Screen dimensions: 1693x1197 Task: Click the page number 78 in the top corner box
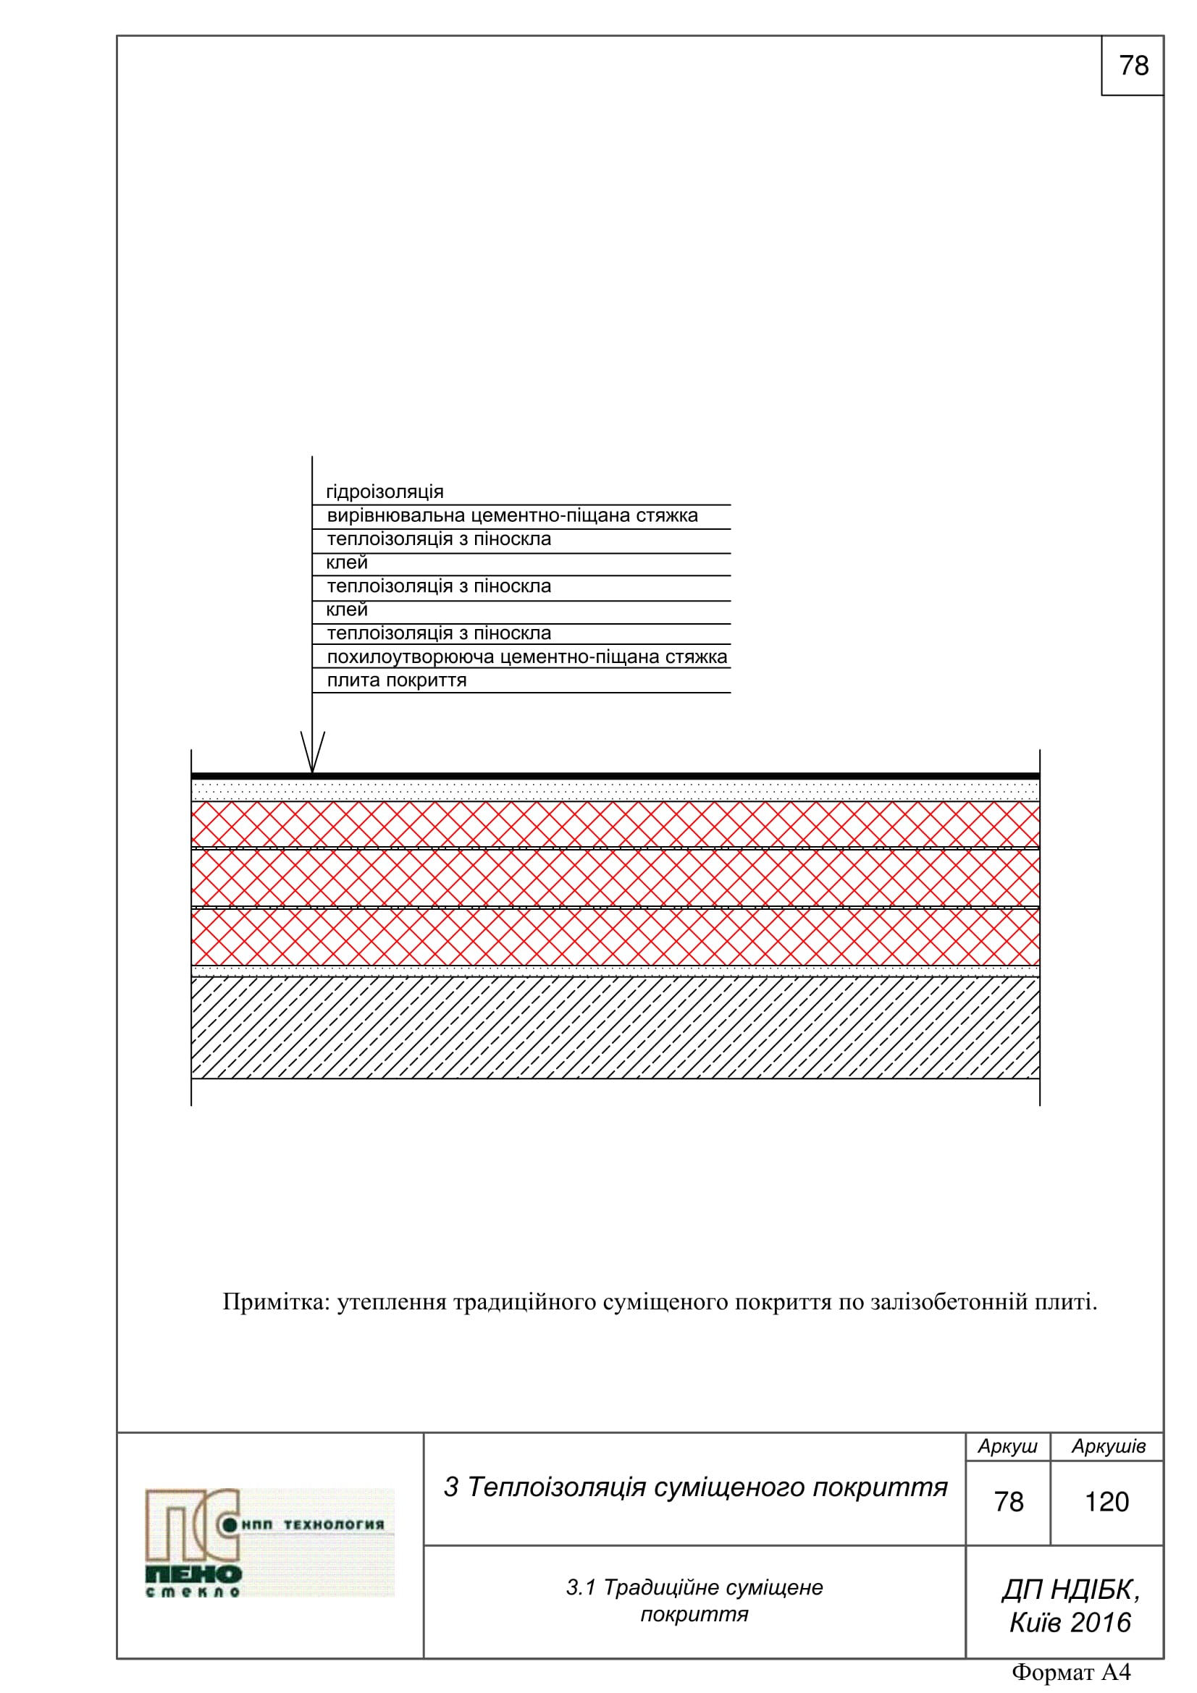[x=1133, y=66]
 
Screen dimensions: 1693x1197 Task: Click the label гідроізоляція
[x=385, y=491]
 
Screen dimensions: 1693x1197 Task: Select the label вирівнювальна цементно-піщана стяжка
[x=512, y=515]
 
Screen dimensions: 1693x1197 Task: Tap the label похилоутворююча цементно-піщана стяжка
[x=526, y=657]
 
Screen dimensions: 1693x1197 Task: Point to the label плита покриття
[x=396, y=680]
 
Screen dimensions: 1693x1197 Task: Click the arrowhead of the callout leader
[x=312, y=759]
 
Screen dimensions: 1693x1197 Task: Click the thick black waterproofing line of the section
[x=615, y=776]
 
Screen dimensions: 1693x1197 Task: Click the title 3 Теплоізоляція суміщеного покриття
[x=694, y=1487]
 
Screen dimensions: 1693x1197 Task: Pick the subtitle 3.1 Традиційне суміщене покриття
[x=694, y=1600]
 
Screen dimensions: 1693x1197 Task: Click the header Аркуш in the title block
[x=1007, y=1447]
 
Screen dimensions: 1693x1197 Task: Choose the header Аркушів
[x=1108, y=1447]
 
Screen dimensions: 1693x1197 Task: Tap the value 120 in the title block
[x=1106, y=1502]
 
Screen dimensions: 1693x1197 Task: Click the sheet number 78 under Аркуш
[x=1008, y=1502]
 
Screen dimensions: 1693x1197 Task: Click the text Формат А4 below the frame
[x=1070, y=1671]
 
